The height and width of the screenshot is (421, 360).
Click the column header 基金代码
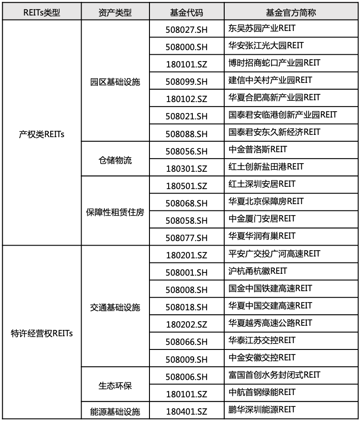tap(187, 12)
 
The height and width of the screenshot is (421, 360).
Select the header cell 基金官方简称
tap(291, 12)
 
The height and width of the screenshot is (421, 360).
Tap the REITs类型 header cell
tap(41, 12)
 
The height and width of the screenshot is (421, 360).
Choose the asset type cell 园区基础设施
tap(115, 82)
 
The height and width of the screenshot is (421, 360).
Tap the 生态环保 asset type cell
tap(115, 385)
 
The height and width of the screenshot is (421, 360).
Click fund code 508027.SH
tap(187, 30)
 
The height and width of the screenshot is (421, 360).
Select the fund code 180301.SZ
tap(187, 169)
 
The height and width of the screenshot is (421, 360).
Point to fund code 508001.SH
tap(187, 272)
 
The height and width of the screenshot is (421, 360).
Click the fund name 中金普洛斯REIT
tap(258, 149)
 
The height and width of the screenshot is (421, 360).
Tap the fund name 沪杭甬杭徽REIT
tap(258, 271)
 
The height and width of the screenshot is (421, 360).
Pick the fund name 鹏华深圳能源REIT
tap(262, 409)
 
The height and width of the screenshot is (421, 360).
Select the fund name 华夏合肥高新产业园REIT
tap(274, 97)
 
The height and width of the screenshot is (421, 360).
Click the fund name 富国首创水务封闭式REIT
tap(274, 375)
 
